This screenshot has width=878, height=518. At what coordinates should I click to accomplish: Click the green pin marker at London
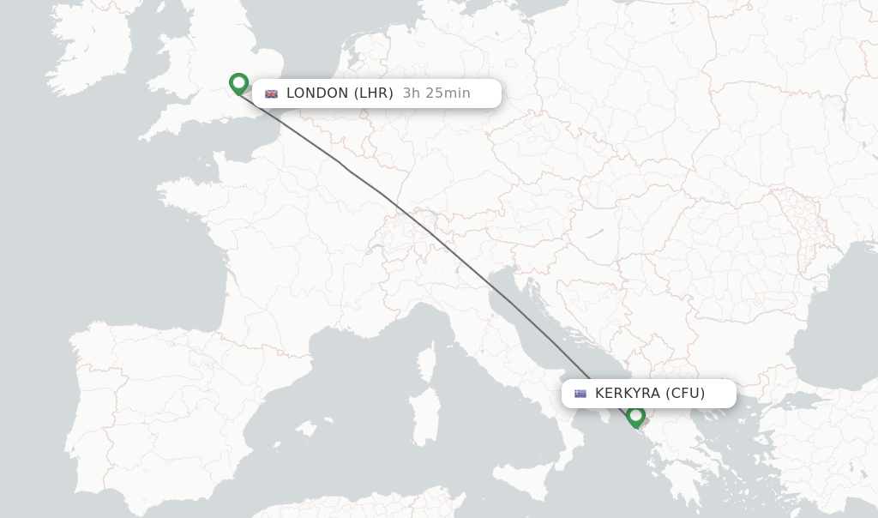click(x=239, y=83)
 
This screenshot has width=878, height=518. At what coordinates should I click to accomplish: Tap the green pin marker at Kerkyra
click(x=635, y=416)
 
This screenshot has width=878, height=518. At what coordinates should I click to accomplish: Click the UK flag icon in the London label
click(x=272, y=93)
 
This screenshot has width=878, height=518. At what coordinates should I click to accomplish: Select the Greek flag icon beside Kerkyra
click(x=580, y=394)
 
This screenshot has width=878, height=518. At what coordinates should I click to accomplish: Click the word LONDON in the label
click(x=317, y=93)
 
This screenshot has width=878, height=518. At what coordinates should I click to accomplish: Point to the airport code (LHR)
click(x=374, y=93)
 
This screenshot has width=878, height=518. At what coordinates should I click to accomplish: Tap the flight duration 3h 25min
click(x=436, y=93)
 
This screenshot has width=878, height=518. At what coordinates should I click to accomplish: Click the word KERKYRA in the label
click(x=628, y=394)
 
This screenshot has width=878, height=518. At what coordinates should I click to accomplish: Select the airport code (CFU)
click(x=685, y=394)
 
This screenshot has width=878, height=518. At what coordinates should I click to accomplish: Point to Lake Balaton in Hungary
click(x=596, y=232)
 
